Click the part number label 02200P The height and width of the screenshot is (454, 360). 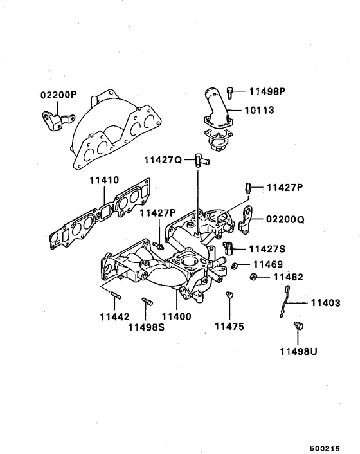[x=59, y=94]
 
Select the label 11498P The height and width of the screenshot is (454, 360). [x=267, y=91]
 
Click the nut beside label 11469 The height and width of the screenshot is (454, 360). [x=235, y=265]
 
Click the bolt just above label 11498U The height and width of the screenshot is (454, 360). [x=298, y=327]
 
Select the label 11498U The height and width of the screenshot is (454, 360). [x=298, y=352]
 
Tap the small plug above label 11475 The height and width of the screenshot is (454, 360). [x=229, y=295]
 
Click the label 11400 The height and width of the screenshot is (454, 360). [x=177, y=317]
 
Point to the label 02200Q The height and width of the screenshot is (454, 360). [x=283, y=219]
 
